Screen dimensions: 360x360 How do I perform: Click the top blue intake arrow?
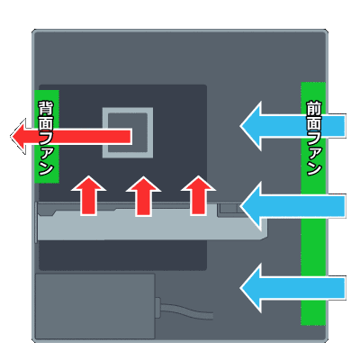click(292, 126)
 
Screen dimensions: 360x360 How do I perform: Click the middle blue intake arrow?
click(292, 206)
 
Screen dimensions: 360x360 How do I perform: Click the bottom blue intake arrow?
click(292, 288)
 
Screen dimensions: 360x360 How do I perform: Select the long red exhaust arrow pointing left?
click(71, 137)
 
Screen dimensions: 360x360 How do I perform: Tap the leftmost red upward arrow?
click(89, 195)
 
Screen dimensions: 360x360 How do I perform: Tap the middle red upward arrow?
click(143, 195)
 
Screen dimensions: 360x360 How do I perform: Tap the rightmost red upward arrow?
click(198, 195)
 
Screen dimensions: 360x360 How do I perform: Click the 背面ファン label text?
click(46, 138)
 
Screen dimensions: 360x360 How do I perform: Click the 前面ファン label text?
click(314, 139)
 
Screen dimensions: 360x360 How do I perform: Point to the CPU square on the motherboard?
click(128, 132)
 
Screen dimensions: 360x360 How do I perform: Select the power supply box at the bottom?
click(95, 306)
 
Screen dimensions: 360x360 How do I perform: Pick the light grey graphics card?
click(151, 221)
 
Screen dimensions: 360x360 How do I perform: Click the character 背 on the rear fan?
click(46, 108)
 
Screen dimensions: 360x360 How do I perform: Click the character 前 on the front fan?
click(314, 109)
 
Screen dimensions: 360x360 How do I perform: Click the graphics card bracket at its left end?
click(36, 222)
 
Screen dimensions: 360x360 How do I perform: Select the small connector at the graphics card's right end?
click(229, 208)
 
